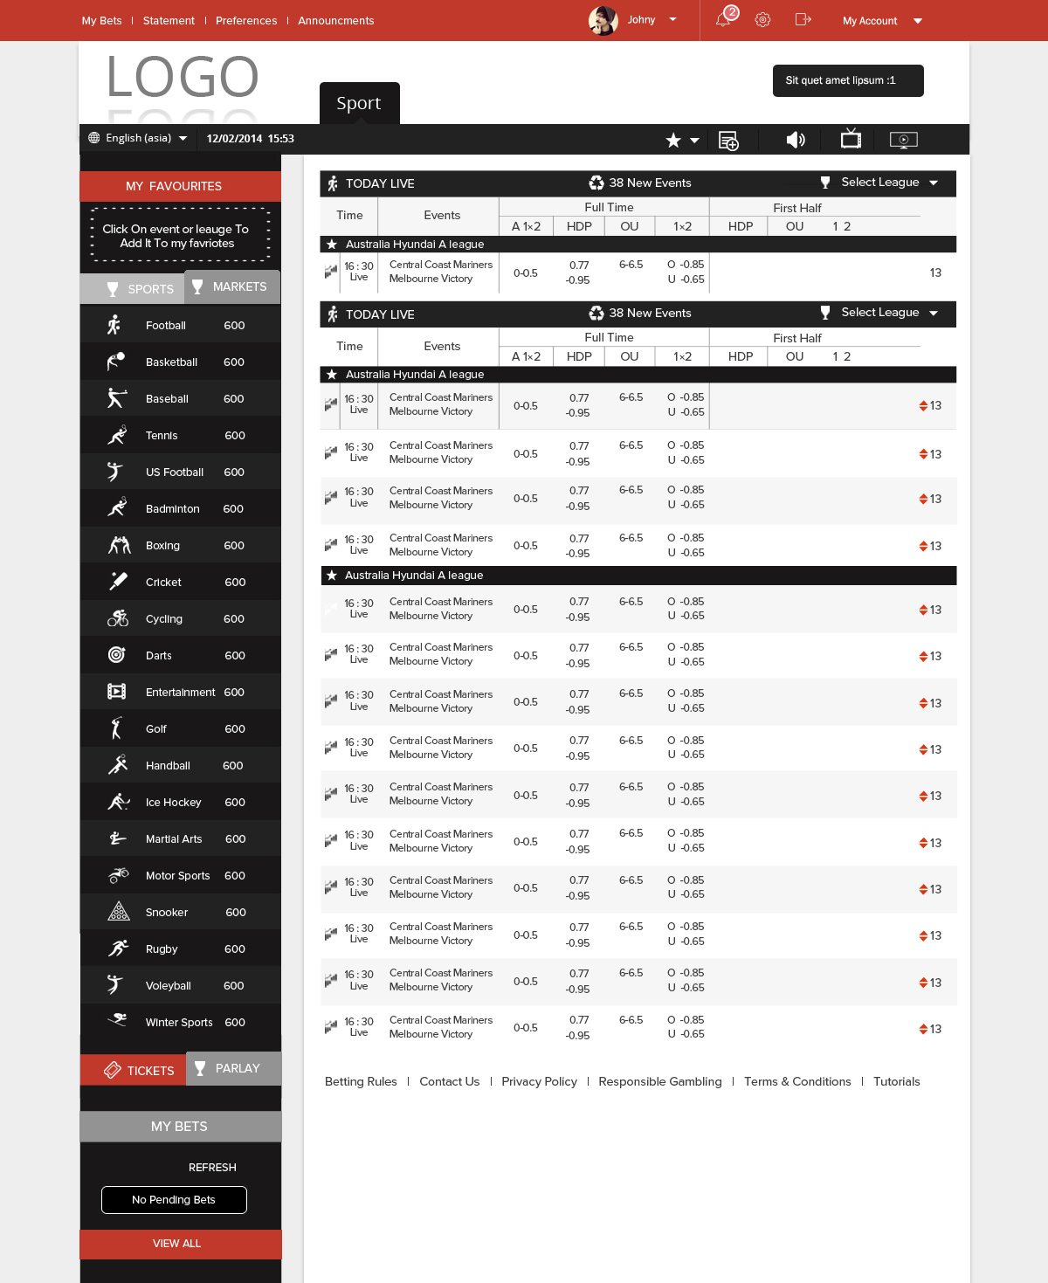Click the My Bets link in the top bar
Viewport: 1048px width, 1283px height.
(101, 21)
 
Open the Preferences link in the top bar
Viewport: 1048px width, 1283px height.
(246, 21)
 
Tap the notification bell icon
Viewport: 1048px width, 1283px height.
(724, 19)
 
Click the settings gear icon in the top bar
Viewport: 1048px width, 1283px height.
(762, 20)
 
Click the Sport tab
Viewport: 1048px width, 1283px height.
(359, 103)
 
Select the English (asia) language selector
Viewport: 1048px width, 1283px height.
(139, 138)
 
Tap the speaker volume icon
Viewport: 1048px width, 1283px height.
(795, 140)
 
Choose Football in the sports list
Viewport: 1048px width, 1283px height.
(166, 326)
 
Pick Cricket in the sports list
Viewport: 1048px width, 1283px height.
(163, 583)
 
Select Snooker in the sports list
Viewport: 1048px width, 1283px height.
(167, 913)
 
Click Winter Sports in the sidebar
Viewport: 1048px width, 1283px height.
(179, 1023)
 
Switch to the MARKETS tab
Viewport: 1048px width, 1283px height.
(231, 286)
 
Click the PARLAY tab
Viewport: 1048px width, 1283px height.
(233, 1068)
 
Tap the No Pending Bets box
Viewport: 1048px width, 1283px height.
(174, 1200)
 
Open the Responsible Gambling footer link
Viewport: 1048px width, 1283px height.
(660, 1081)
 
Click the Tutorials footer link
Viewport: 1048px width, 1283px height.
(896, 1081)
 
